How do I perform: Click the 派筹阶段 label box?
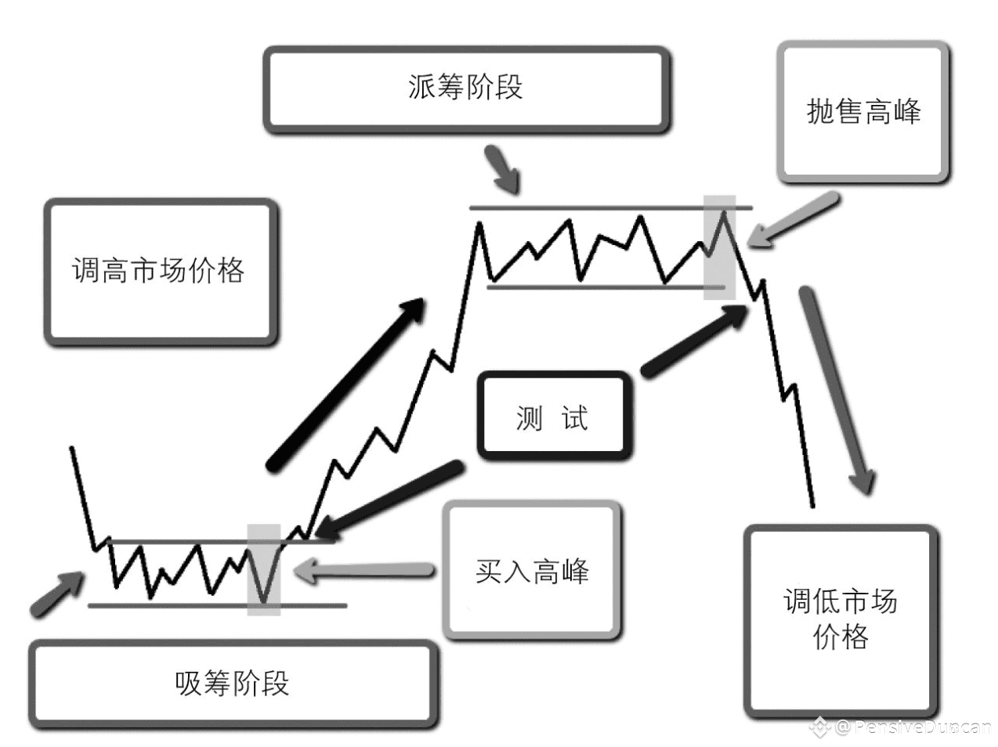tap(465, 88)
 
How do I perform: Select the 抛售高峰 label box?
tap(863, 112)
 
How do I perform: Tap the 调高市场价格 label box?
tap(160, 271)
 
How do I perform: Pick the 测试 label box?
tap(553, 417)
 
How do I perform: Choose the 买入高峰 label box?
tap(532, 571)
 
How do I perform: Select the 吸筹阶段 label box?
tap(233, 684)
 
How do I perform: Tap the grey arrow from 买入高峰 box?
tap(365, 570)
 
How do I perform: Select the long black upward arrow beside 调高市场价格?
tap(345, 384)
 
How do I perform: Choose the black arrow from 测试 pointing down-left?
tap(392, 495)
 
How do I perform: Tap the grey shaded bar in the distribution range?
tap(719, 247)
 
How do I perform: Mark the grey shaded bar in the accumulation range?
tap(263, 569)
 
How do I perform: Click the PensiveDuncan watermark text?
tap(913, 727)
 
